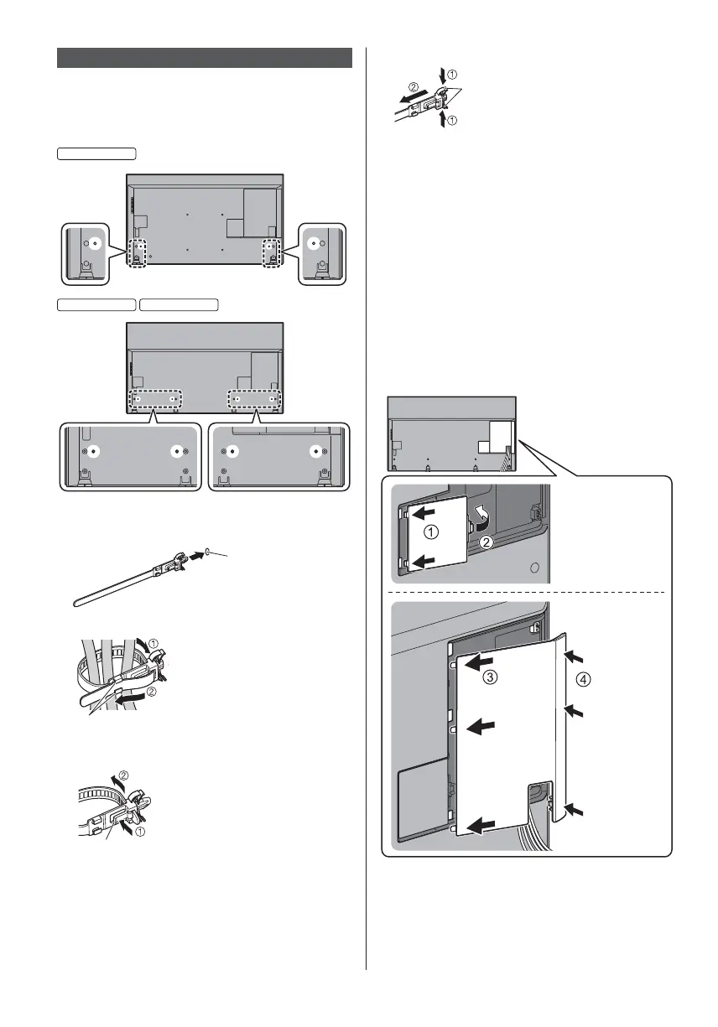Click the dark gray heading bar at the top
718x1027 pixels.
[x=204, y=57]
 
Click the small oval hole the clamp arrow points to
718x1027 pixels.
[x=207, y=552]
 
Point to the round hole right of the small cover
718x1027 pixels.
[x=533, y=567]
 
